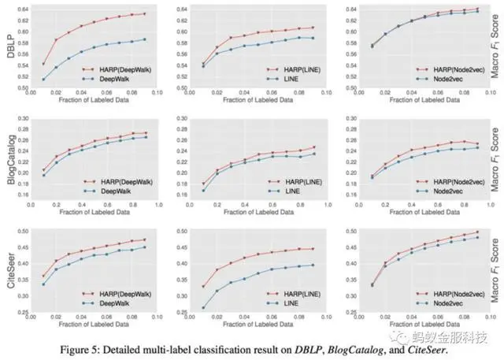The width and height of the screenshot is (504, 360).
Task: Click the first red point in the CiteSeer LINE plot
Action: click(203, 286)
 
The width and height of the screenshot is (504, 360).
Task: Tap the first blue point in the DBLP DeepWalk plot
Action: click(43, 79)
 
